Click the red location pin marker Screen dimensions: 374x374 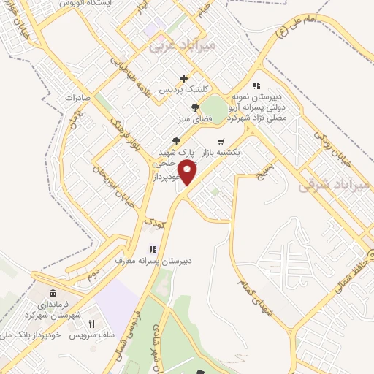(188, 172)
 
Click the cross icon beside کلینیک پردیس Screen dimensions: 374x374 (183, 78)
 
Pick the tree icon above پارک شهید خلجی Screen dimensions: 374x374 (175, 141)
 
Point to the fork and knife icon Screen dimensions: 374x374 (91, 324)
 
